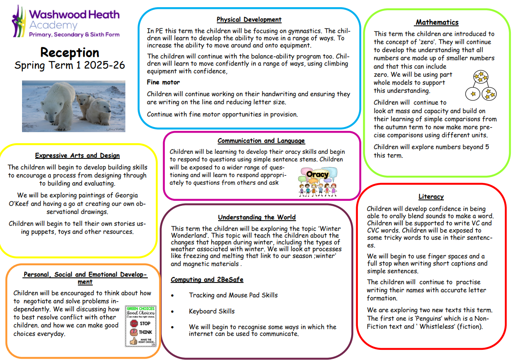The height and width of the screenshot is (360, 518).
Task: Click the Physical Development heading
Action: tap(249, 19)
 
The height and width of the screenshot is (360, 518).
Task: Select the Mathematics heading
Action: tap(437, 22)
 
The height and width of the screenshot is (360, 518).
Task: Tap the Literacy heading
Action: tap(431, 197)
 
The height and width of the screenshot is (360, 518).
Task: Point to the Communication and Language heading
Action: tap(261, 141)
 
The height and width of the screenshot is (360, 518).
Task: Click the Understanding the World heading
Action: tap(257, 217)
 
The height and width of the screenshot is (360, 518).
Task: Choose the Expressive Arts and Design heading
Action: tap(77, 155)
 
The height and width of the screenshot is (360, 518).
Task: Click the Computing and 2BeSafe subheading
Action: tap(207, 280)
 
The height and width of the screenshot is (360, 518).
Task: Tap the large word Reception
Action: tap(70, 53)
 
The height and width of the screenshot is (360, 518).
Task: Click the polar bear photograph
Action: tap(73, 106)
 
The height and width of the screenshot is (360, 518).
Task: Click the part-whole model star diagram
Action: tap(481, 85)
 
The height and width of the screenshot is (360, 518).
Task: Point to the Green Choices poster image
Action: tap(139, 326)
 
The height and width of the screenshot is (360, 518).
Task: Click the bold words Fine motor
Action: tap(163, 82)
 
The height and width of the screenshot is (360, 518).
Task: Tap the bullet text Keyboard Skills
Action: tap(211, 311)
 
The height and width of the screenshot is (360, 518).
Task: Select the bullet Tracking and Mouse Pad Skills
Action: tap(233, 295)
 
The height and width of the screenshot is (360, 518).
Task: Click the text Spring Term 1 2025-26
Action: tap(70, 66)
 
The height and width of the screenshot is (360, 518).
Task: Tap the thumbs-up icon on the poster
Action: tap(133, 341)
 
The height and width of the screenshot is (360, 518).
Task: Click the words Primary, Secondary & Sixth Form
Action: tap(74, 35)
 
